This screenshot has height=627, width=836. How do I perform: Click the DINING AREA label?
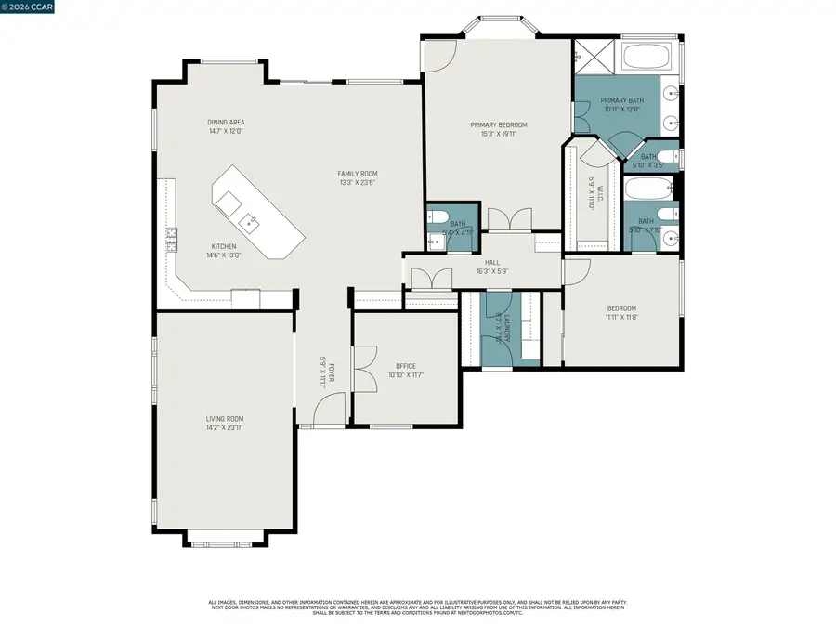pos(226,123)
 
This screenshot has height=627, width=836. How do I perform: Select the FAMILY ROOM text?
pos(358,174)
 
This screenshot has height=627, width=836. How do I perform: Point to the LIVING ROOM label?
pos(225,419)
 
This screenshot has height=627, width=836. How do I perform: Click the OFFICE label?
pos(406,366)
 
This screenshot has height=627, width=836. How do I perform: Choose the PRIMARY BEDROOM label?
pos(498,125)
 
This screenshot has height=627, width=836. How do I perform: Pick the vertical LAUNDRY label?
pos(499,327)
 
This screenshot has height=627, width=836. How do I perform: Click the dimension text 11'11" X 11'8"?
pos(621,317)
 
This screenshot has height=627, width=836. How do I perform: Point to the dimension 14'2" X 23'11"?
pos(225,428)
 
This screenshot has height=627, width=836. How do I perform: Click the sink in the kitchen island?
pos(248,222)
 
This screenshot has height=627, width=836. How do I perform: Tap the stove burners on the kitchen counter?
pos(171,241)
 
